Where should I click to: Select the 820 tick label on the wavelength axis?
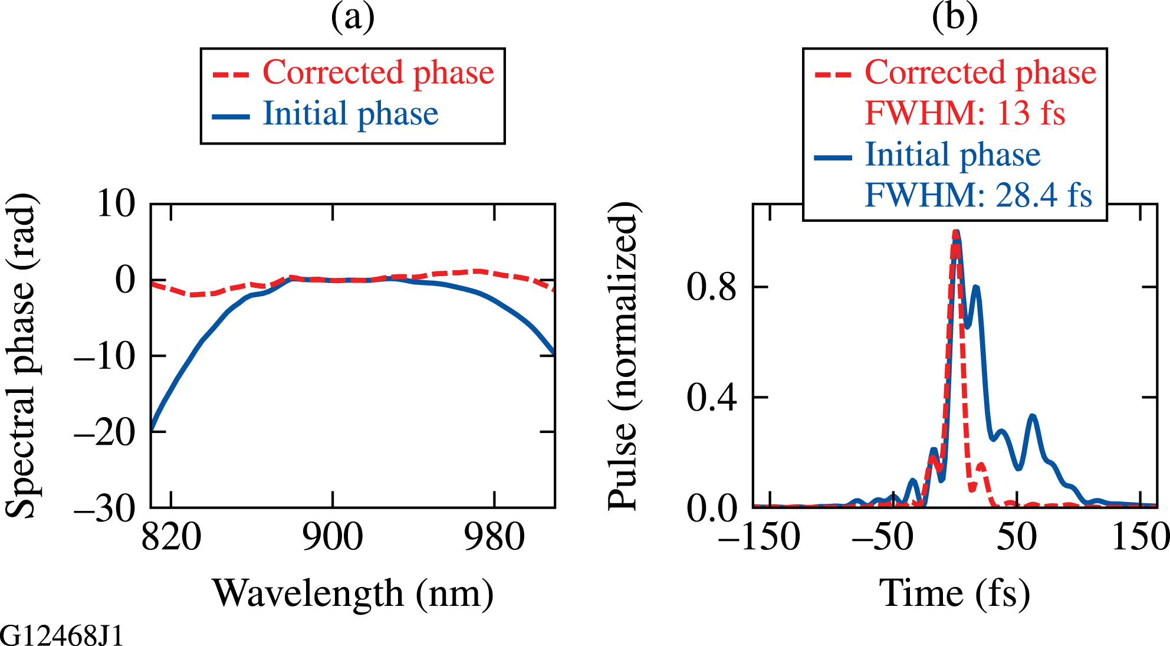tap(172, 537)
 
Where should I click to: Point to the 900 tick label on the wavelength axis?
tap(333, 537)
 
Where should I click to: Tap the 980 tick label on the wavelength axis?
tap(494, 537)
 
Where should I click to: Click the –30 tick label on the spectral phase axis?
tap(105, 508)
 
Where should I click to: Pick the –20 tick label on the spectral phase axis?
tap(105, 432)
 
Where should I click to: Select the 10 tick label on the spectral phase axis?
tap(116, 204)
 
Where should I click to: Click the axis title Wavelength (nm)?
tap(353, 593)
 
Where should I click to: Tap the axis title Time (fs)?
tap(955, 593)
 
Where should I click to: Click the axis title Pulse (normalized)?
tap(624, 356)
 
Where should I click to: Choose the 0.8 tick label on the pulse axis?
tap(712, 287)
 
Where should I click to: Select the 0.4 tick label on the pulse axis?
tap(712, 398)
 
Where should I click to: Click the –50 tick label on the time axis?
tap(883, 537)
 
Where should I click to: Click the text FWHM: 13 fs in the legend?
tap(965, 113)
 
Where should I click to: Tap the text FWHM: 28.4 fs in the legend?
tap(978, 195)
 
